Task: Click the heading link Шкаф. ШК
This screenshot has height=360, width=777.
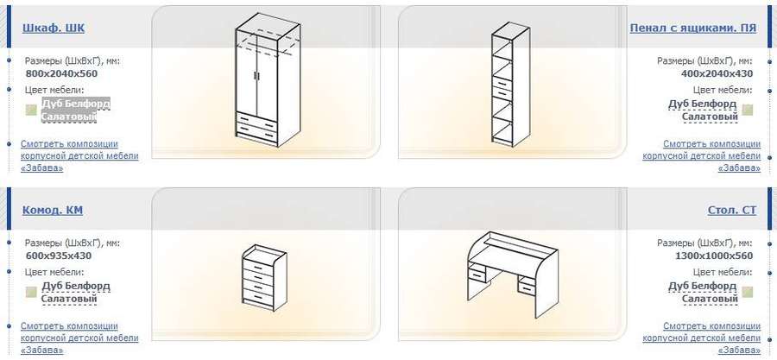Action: point(54,28)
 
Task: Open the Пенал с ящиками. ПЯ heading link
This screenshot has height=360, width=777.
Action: point(692,28)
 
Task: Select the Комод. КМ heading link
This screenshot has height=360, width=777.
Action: point(53,211)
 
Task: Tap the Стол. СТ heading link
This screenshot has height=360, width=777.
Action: point(732,211)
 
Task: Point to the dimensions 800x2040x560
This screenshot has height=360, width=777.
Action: point(61,73)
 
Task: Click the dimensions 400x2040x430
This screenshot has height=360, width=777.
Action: point(717,73)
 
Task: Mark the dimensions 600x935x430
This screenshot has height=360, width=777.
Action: point(59,256)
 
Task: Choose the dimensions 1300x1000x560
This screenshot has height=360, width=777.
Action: point(714,256)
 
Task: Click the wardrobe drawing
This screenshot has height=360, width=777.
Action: point(265,79)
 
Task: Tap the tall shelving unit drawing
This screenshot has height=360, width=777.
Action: point(511,84)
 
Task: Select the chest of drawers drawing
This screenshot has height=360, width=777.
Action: point(264,277)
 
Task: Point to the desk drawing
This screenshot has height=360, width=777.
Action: point(513,275)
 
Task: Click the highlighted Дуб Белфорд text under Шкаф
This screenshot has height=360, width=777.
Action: point(76,104)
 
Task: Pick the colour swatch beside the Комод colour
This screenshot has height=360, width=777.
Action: point(31,293)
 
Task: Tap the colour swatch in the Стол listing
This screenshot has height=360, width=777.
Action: point(748,293)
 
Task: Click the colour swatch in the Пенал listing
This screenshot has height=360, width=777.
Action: point(748,111)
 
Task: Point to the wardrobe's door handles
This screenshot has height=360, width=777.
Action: point(256,75)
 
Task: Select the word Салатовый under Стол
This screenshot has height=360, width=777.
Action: point(711,299)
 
